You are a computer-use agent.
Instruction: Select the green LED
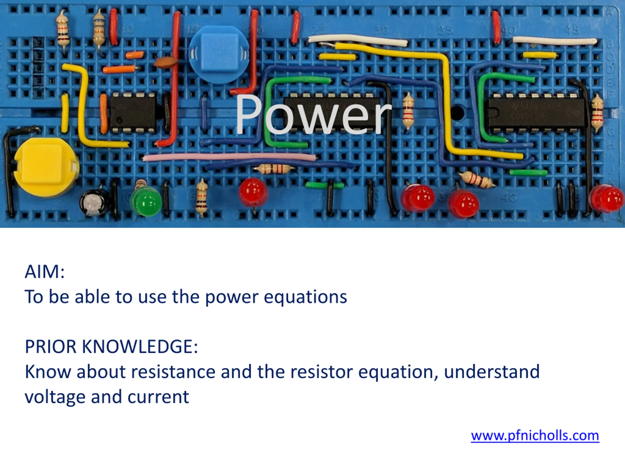click(146, 201)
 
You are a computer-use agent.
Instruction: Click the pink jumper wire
click(229, 157)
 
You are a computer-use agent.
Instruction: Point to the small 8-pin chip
click(133, 113)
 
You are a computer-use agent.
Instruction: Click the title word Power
click(313, 115)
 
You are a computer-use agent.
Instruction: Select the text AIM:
click(45, 272)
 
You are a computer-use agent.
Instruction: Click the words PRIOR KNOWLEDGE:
click(111, 347)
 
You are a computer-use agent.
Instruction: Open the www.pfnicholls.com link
click(535, 436)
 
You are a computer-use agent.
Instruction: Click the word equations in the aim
click(305, 298)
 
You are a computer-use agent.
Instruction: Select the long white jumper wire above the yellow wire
click(358, 40)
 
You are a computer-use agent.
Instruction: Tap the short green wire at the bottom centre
click(325, 185)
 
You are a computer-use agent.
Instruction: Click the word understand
click(492, 372)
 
